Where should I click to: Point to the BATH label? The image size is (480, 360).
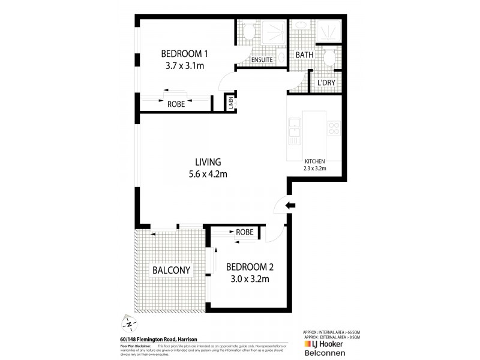(304, 55)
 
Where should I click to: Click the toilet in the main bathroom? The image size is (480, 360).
(328, 57)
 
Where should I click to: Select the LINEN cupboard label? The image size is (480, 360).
(230, 103)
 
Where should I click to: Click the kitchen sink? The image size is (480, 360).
(295, 131)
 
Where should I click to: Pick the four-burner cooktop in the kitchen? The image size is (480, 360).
(334, 128)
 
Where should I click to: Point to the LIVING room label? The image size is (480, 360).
(208, 162)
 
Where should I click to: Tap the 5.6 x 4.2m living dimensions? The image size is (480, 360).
(208, 175)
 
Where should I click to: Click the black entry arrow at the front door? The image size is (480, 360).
(290, 206)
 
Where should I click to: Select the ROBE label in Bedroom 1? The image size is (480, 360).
(176, 104)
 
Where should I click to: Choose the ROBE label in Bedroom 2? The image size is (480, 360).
(244, 232)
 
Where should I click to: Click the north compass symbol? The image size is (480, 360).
(128, 323)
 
